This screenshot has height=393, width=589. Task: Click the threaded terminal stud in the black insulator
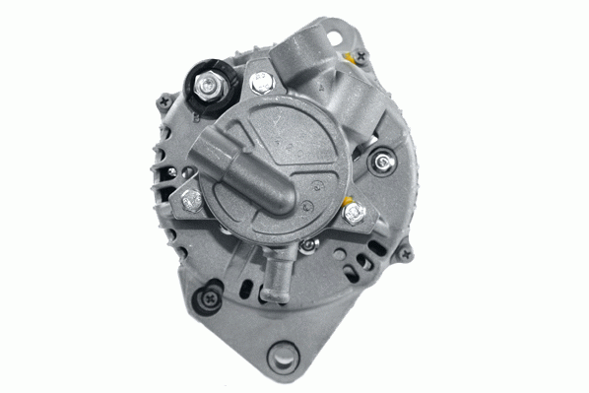210,86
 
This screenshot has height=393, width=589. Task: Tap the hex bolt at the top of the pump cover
261,84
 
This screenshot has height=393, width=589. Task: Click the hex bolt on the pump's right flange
350,211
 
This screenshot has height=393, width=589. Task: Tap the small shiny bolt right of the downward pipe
309,244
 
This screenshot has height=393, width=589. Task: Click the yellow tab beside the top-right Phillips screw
349,61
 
